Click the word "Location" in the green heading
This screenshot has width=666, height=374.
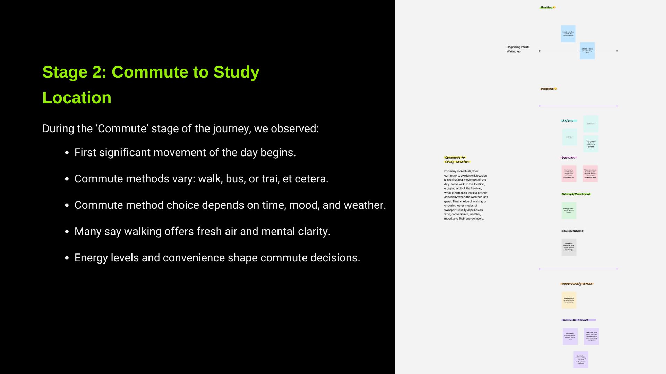(x=77, y=98)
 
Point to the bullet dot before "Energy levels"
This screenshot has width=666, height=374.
(x=67, y=258)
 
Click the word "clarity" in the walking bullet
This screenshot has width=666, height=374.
(x=313, y=232)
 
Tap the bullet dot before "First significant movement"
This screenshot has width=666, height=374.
(x=67, y=153)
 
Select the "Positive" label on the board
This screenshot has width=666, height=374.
(x=547, y=7)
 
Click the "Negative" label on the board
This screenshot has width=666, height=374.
(x=547, y=89)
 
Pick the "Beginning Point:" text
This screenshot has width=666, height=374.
(x=517, y=47)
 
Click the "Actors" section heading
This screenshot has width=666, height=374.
(x=567, y=121)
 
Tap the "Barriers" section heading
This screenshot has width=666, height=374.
(x=568, y=158)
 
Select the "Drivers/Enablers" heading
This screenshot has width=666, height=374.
(x=575, y=194)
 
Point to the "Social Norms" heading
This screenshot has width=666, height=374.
(x=572, y=231)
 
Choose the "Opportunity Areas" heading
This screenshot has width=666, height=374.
(x=577, y=284)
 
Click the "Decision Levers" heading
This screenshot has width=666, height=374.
(x=575, y=320)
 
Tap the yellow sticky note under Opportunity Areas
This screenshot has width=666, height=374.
(x=569, y=300)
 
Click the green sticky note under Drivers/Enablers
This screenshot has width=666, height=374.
(x=569, y=211)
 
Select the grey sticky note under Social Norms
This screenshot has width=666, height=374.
(x=569, y=247)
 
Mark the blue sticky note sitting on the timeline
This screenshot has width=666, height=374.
(x=587, y=51)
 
